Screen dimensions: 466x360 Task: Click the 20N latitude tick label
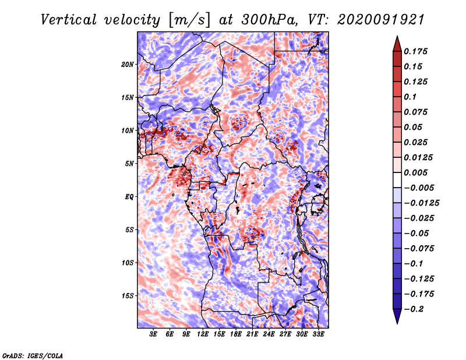pos(128,65)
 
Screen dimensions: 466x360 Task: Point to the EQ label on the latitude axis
pos(129,197)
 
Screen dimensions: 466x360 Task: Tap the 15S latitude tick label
pos(128,296)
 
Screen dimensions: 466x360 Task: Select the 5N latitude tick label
pos(129,164)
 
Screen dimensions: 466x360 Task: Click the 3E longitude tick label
pos(153,334)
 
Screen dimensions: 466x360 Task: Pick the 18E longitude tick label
pos(236,334)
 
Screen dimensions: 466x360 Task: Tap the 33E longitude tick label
pos(318,334)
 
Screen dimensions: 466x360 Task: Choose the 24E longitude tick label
pos(269,334)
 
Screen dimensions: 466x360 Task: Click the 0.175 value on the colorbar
pos(415,51)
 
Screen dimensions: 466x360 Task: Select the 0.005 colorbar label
pos(415,172)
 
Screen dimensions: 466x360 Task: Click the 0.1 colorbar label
pos(410,97)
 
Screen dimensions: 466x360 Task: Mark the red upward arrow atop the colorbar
pos(397,44)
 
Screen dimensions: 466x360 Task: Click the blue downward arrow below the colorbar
pos(397,316)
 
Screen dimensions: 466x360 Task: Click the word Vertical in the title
pos(69,20)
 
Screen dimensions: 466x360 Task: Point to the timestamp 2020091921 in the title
pos(381,20)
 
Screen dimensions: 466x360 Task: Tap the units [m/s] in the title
pos(189,20)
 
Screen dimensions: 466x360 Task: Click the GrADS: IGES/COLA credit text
pos(33,356)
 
